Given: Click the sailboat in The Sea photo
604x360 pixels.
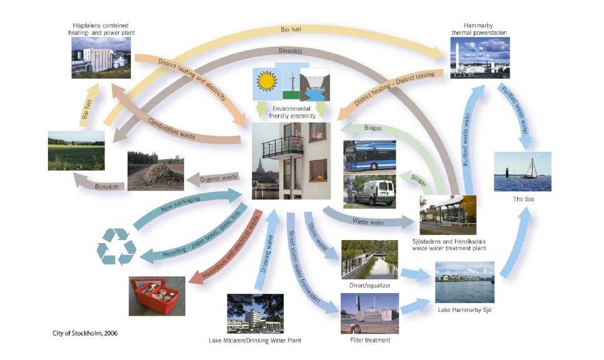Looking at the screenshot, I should (x=530, y=169).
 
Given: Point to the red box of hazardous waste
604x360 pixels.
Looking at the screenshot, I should (x=156, y=294).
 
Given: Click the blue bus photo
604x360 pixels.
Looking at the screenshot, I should (x=370, y=156).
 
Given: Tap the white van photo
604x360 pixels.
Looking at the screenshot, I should (x=370, y=192).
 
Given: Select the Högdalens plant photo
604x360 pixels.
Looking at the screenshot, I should (x=101, y=58).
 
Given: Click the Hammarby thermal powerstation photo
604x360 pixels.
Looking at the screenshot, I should (x=480, y=57).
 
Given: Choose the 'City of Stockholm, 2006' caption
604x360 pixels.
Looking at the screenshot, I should (x=85, y=332).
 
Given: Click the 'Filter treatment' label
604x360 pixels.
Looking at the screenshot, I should (x=370, y=340).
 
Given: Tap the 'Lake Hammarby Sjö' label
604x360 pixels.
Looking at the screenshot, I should (x=464, y=311).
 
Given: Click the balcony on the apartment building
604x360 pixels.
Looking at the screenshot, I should (x=282, y=147).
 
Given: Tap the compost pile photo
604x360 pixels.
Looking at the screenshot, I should (x=156, y=171).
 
